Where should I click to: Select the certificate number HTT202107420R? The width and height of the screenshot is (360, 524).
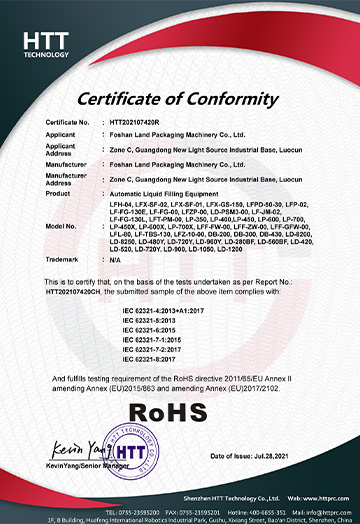(149, 121)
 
